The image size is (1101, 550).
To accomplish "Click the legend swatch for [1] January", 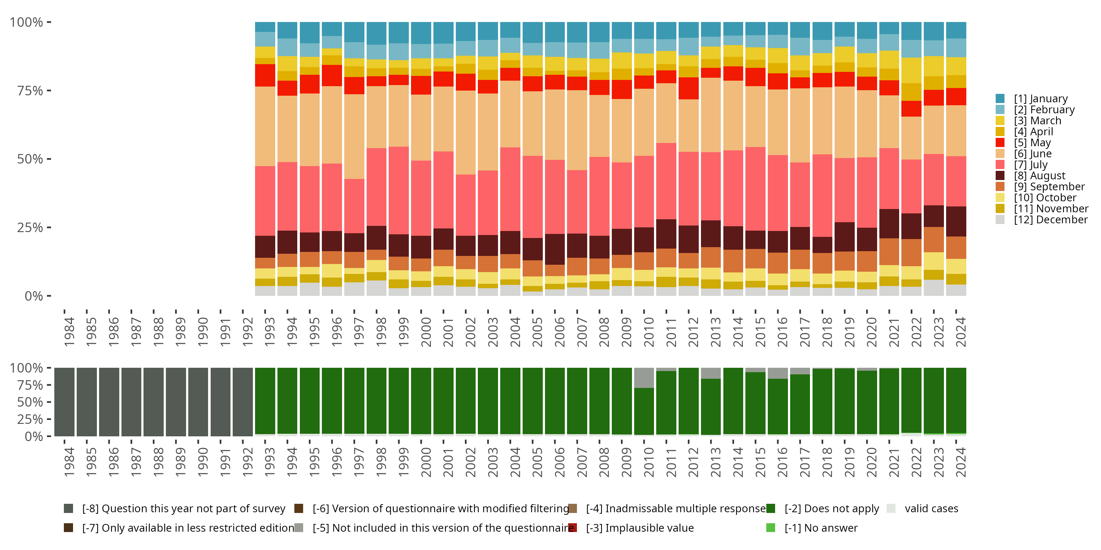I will pos(1000,99).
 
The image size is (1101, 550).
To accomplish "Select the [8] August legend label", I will pos(1039,176).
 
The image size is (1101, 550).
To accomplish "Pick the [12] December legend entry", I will pos(1051,220).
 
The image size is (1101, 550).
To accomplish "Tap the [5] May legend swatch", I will pos(1000,143).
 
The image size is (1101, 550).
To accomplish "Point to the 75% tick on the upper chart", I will pos(49,91).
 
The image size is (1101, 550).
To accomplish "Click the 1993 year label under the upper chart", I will pos(270,332).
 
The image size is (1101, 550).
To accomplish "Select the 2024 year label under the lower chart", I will pos(960,462).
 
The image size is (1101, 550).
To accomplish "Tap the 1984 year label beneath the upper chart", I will pos(69,332).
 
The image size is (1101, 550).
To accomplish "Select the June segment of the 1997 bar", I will pos(354,137).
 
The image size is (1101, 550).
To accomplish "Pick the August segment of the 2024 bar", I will pos(956,221).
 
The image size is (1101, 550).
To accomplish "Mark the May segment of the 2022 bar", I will pos(911,109).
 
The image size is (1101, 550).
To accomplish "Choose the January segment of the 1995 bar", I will pos(310,33).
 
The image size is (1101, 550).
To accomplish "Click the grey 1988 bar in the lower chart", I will pos(153,402).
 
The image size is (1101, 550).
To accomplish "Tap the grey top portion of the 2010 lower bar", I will pos(644,378).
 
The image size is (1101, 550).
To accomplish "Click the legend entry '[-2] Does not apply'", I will pos(831,509).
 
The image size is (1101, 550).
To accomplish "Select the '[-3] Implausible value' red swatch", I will pos(573,528).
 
